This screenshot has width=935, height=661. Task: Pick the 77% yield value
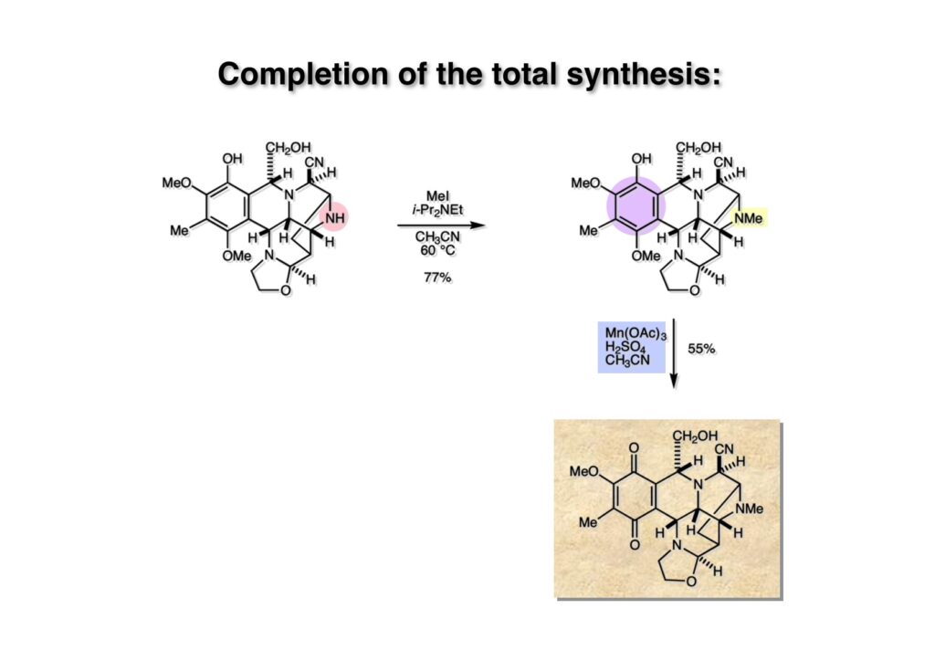(x=437, y=277)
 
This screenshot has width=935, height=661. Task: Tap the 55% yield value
(x=701, y=349)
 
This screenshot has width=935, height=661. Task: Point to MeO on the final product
(x=584, y=472)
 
